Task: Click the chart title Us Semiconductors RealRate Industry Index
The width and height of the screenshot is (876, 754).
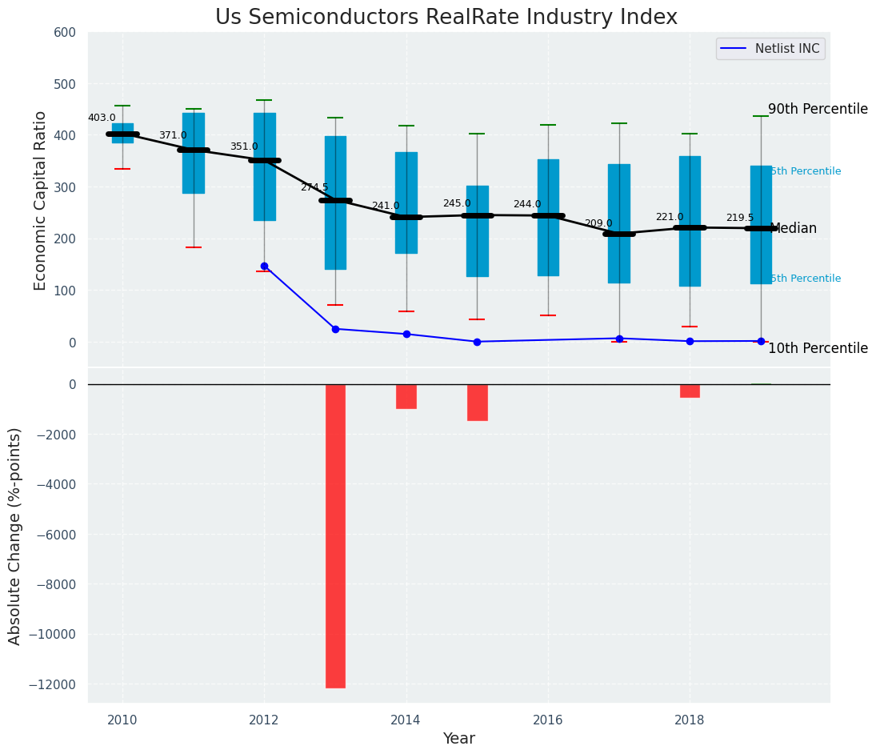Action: pos(446,18)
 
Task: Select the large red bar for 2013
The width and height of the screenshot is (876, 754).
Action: pos(335,535)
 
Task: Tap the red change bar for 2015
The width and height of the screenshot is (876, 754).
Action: pos(478,402)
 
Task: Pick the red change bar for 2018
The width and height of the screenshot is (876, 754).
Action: pos(690,391)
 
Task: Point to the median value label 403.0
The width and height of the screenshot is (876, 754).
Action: pos(102,118)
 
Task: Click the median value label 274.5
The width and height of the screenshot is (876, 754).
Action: pos(314,187)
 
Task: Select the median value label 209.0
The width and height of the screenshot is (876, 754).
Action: pos(598,223)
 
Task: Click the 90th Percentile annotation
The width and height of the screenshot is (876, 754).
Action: pos(818,109)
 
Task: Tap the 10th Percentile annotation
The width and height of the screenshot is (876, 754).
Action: pos(818,348)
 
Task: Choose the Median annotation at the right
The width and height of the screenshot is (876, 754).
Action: pos(793,228)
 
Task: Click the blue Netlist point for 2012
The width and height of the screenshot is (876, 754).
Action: pos(264,266)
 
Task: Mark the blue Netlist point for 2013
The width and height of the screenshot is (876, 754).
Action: pos(335,329)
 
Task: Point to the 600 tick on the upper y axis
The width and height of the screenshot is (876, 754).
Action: pos(66,33)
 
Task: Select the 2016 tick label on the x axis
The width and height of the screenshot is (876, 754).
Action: pos(548,719)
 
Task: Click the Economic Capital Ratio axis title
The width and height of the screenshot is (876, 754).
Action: pos(41,200)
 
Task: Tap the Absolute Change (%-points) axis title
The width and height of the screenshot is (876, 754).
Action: pos(15,535)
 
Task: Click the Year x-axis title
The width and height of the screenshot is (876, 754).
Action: pos(458,739)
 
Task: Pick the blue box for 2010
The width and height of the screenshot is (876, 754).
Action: pos(122,133)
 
